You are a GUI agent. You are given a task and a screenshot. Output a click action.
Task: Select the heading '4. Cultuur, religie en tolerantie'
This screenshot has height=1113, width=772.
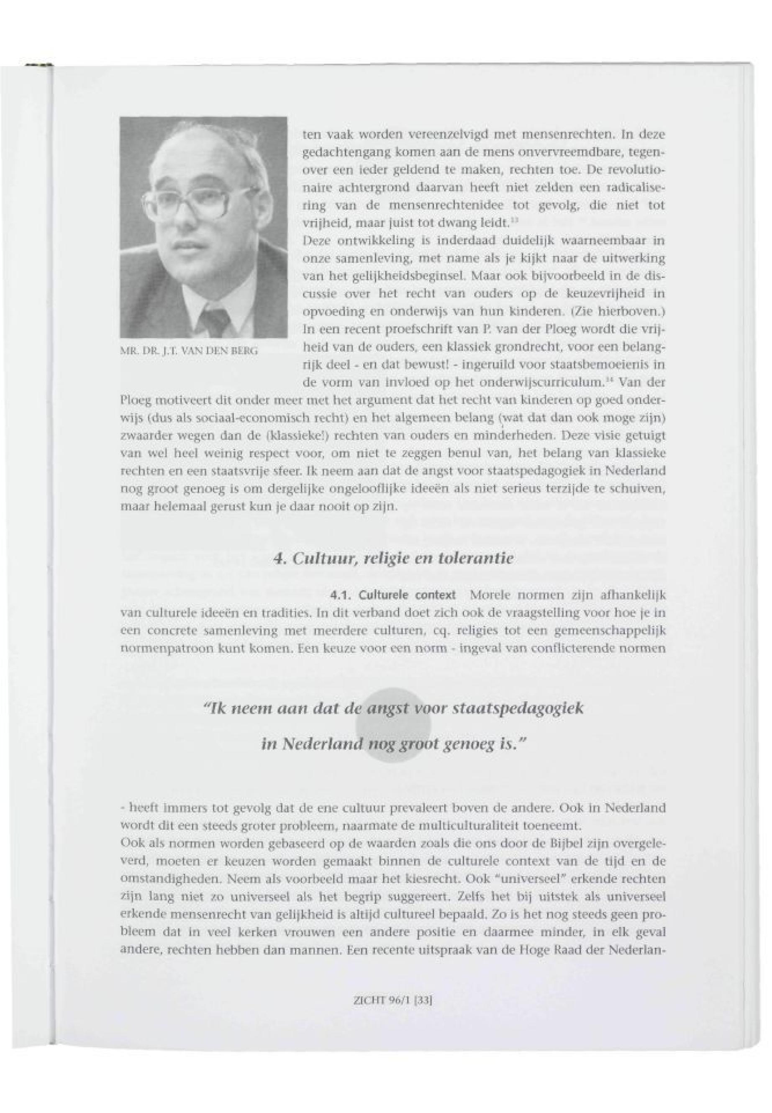393,559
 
